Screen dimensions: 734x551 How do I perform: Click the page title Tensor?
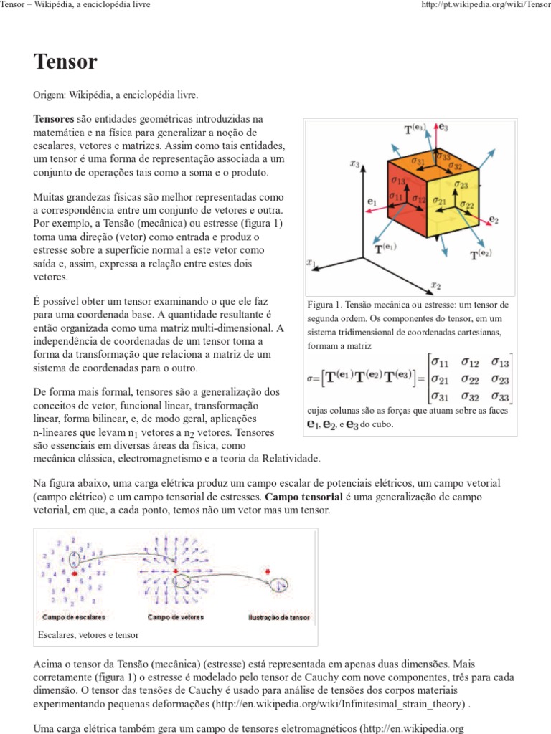click(x=65, y=62)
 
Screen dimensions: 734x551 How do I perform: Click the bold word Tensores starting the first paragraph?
click(x=54, y=118)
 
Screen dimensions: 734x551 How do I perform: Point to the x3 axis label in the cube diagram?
click(x=354, y=163)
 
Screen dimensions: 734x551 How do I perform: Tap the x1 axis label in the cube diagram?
click(x=311, y=263)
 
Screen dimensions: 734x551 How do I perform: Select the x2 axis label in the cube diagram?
click(x=435, y=285)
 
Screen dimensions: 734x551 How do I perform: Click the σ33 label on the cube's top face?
click(x=442, y=156)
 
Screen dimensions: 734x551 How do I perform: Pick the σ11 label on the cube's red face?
click(x=396, y=196)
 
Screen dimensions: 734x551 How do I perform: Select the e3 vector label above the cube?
click(x=443, y=127)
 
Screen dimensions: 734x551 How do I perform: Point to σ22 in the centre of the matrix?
click(x=471, y=379)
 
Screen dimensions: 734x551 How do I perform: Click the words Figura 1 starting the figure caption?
click(x=324, y=305)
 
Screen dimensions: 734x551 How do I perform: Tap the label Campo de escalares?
click(x=74, y=616)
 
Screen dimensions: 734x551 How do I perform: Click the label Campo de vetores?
click(x=174, y=616)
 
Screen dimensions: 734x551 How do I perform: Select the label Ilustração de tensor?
click(x=278, y=616)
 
